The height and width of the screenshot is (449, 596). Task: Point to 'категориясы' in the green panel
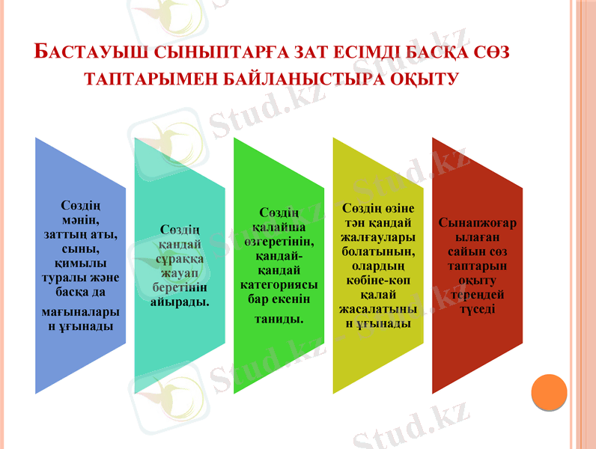[x=279, y=284]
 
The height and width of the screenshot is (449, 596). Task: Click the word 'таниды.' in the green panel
[x=279, y=319]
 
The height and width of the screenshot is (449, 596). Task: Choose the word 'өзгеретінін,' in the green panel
[x=279, y=244]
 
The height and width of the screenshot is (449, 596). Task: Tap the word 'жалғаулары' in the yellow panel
[x=378, y=236]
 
